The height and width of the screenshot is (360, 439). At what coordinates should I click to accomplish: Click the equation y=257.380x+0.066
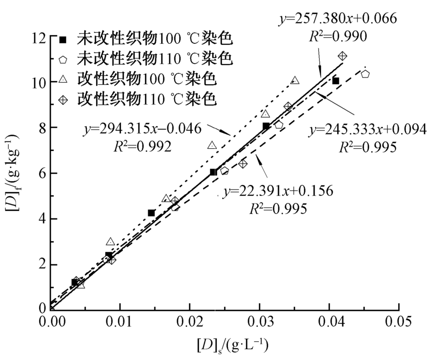pos(338,20)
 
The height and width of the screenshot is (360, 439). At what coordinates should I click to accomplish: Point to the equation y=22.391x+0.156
pos(278,191)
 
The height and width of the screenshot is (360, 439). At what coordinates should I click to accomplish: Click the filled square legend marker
pos(63,39)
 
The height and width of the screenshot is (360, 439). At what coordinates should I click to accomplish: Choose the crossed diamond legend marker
pos(63,99)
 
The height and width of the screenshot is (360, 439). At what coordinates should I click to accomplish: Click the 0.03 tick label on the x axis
pos(260,321)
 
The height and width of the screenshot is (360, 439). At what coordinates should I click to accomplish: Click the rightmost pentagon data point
pos(365,74)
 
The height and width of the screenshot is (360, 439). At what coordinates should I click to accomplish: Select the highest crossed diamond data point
pos(342,56)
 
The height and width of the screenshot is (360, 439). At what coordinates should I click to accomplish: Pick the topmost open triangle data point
pos(295,81)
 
